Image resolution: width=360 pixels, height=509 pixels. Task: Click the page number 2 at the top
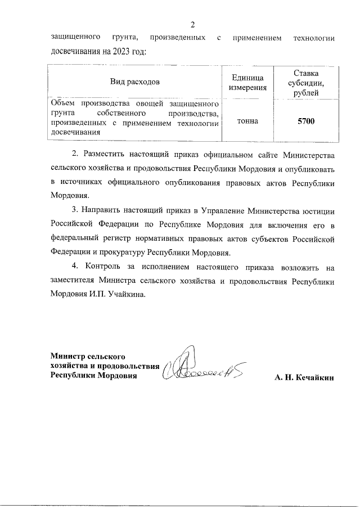[192, 24]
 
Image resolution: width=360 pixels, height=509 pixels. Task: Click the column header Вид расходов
[134, 82]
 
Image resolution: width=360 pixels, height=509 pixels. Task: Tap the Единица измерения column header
[248, 82]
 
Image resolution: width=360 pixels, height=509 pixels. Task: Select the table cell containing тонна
[248, 120]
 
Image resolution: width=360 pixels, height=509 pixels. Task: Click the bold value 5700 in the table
[306, 120]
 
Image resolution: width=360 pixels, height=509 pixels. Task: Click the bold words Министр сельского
[87, 356]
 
